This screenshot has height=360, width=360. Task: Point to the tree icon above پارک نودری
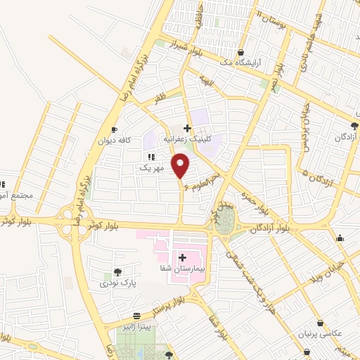[117, 272]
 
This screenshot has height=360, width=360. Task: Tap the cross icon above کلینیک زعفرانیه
[187, 128]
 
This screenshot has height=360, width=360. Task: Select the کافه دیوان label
[115, 141]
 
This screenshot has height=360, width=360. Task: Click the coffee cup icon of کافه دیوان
[115, 130]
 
